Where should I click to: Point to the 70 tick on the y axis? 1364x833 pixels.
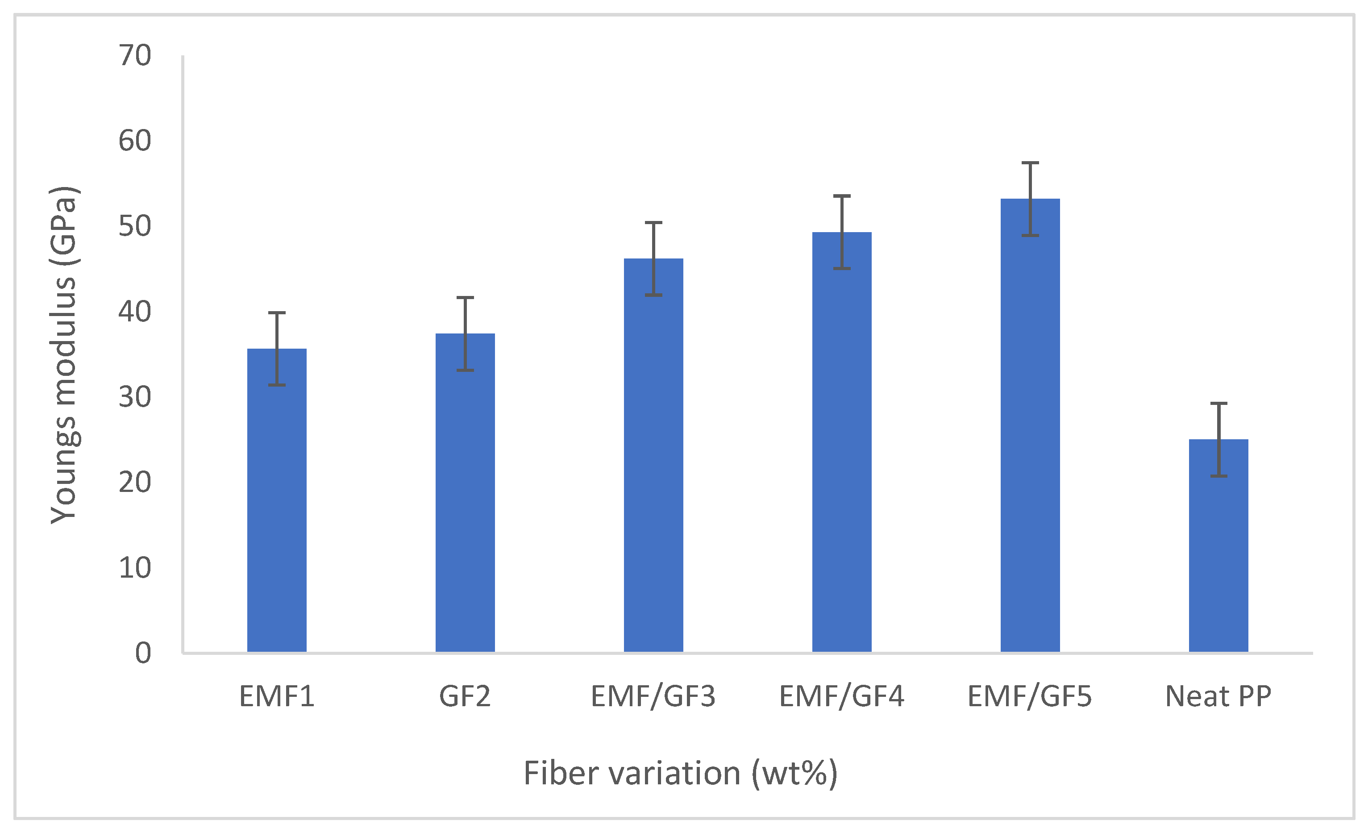(x=134, y=55)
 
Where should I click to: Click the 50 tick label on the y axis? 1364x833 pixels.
(x=134, y=226)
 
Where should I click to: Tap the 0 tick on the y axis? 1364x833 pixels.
(x=143, y=653)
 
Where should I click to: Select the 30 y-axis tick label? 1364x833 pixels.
(x=134, y=397)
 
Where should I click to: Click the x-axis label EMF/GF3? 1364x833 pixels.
(x=653, y=696)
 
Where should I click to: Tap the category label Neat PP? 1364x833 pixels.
(x=1218, y=696)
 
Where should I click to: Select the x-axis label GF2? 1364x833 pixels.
(x=465, y=696)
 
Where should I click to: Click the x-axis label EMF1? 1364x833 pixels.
(x=277, y=696)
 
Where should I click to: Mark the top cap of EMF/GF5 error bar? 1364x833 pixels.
(x=1030, y=163)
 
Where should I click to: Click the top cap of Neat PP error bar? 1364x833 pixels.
(x=1218, y=403)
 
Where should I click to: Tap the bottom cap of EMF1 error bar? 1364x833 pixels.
(x=277, y=385)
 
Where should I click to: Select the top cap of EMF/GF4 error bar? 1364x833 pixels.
(x=841, y=196)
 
